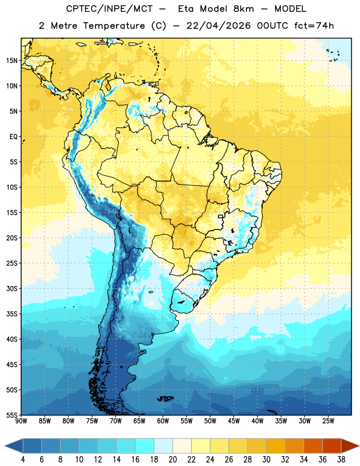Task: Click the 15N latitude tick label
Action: [x=12, y=61]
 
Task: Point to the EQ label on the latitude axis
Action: [x=13, y=137]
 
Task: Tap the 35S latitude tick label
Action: [x=12, y=314]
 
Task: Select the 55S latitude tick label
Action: [x=12, y=415]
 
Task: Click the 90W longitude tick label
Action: [x=21, y=421]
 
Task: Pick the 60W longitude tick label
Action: [x=163, y=421]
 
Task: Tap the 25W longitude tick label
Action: [x=328, y=421]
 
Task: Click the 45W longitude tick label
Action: [x=234, y=421]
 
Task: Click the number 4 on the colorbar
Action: [x=23, y=460]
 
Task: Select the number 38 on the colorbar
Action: [x=341, y=460]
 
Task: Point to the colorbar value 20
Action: [x=172, y=460]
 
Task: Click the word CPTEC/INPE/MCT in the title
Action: [x=110, y=9]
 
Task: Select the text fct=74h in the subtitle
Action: [x=314, y=26]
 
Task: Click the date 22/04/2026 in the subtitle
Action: [x=218, y=26]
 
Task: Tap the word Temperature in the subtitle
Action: [x=114, y=26]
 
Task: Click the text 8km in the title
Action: [x=243, y=9]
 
